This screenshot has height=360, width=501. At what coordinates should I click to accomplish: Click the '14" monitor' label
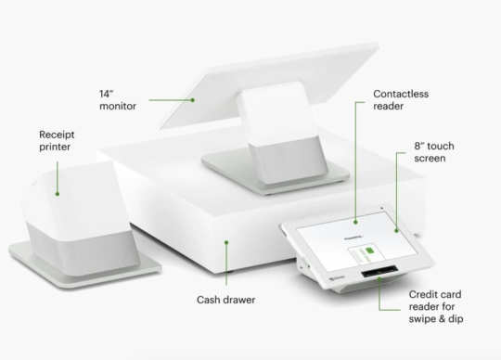117,99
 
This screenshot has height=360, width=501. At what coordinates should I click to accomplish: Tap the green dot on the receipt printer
57,194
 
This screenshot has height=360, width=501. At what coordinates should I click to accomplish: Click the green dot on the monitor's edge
194,98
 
